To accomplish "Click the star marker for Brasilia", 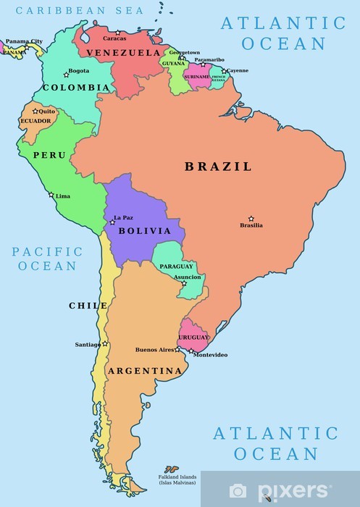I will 251,218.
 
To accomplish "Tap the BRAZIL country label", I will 218,167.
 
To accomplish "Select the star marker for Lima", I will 51,194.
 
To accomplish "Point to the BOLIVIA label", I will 144,231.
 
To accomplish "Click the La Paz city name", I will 123,217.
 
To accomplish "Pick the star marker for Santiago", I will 105,343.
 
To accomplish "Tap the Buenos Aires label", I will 155,350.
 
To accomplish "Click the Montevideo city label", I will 211,355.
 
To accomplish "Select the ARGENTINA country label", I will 144,371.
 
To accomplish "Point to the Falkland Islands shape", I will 172,469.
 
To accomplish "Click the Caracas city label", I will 114,38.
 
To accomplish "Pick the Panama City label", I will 24,41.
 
